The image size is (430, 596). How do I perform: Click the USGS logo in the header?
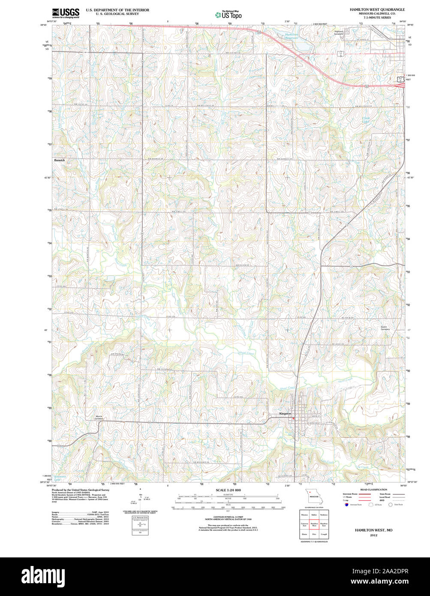pyautogui.click(x=65, y=13)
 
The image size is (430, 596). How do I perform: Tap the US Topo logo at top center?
pyautogui.click(x=228, y=15)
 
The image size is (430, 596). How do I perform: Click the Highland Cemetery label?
pyautogui.click(x=342, y=33)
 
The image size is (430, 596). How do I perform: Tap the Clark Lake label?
pyautogui.click(x=366, y=120)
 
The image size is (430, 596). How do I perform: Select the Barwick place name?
pyautogui.click(x=60, y=160)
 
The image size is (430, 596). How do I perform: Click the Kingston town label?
pyautogui.click(x=285, y=414)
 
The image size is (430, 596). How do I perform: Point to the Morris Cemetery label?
pyautogui.click(x=99, y=417)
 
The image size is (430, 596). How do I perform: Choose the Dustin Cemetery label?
pyautogui.click(x=385, y=328)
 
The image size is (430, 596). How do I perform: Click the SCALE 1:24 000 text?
pyautogui.click(x=228, y=490)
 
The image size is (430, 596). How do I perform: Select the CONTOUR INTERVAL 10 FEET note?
pyautogui.click(x=228, y=517)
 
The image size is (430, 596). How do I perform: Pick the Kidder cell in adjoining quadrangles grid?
pyautogui.click(x=314, y=515)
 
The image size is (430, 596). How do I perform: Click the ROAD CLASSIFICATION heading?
pyautogui.click(x=373, y=490)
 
